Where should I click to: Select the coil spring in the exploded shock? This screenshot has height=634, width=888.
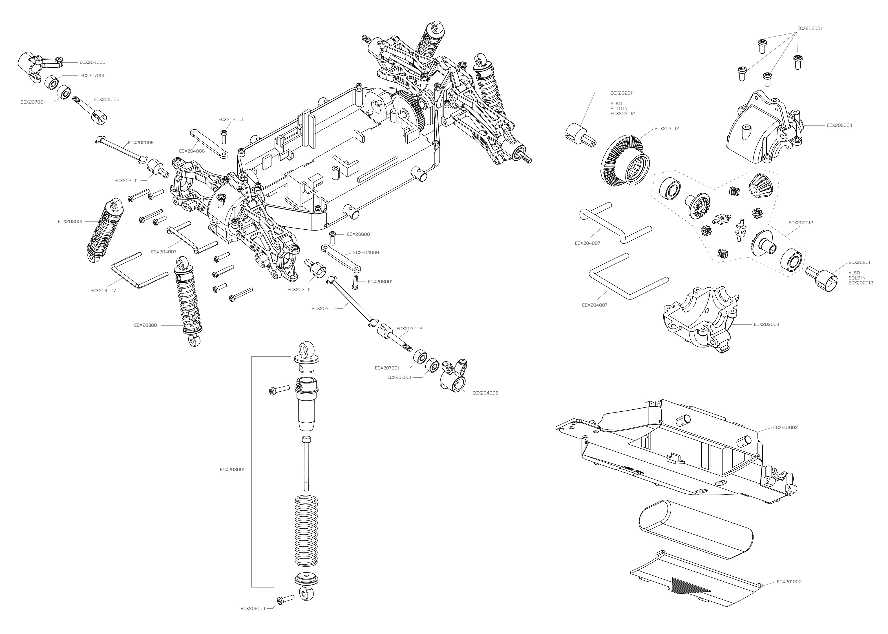click(307, 530)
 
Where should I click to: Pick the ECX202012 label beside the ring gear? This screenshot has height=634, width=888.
click(667, 128)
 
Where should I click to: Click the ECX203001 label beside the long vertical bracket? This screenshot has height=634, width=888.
click(232, 470)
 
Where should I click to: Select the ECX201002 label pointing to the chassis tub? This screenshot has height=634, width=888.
click(785, 427)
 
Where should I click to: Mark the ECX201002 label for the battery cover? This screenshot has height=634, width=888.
click(789, 593)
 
